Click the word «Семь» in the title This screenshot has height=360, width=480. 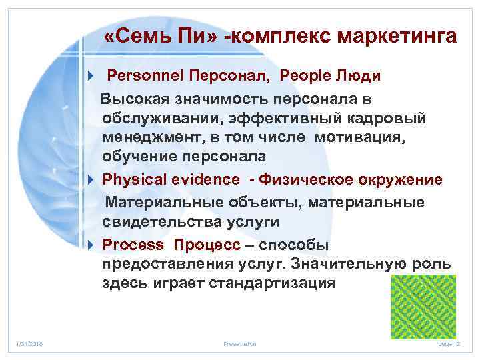click(140, 37)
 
